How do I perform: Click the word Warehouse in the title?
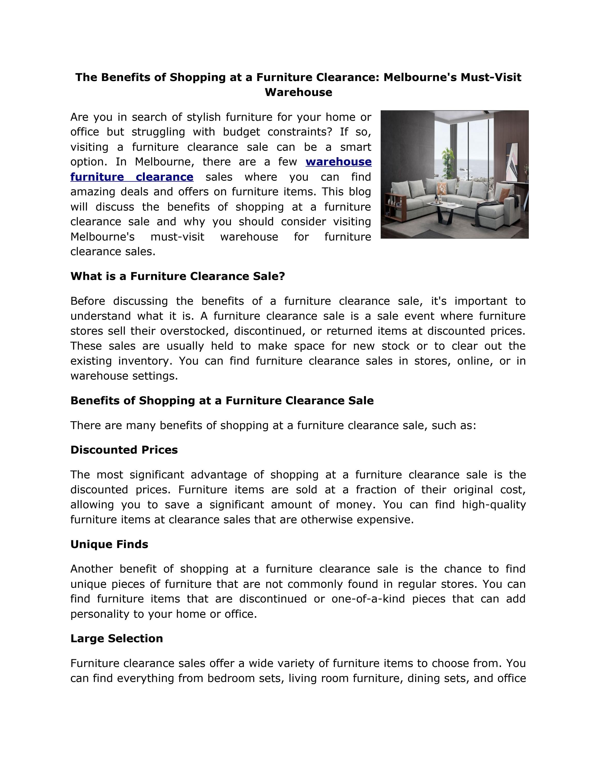[298, 92]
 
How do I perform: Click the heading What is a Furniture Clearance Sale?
[178, 276]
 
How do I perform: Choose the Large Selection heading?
[116, 638]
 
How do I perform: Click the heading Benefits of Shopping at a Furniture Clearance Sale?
[222, 400]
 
